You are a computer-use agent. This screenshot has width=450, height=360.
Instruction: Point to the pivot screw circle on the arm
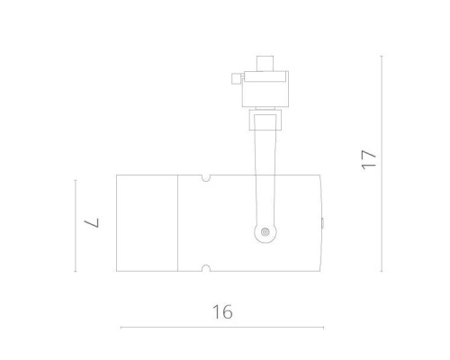[265, 233]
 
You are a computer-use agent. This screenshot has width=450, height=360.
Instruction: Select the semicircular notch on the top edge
[206, 177]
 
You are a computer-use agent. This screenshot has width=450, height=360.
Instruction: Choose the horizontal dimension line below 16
[222, 327]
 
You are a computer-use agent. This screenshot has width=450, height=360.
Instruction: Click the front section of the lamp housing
[148, 222]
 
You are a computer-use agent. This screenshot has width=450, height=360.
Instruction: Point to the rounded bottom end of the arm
[265, 239]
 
